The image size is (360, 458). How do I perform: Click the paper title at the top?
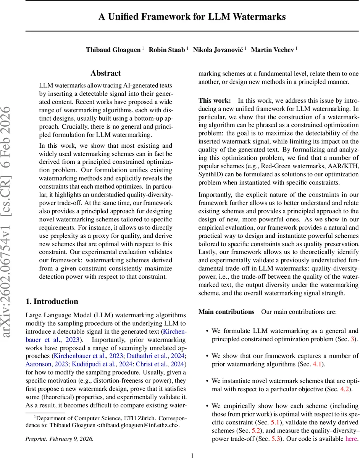[192, 17]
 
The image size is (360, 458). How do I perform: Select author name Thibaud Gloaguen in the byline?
[113, 50]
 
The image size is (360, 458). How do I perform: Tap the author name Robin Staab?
[166, 50]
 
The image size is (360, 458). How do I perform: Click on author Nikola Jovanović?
[217, 50]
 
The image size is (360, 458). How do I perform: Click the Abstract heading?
[105, 73]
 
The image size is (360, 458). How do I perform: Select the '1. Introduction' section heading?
[52, 302]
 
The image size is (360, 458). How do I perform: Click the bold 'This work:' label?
[215, 101]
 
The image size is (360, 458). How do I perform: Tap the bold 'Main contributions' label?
[226, 312]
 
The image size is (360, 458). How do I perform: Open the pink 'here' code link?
[351, 439]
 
